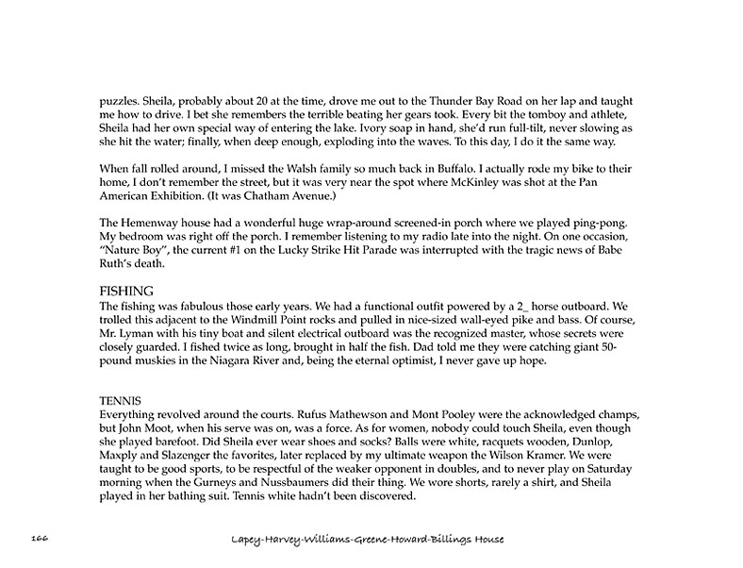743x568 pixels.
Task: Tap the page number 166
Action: click(x=39, y=538)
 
